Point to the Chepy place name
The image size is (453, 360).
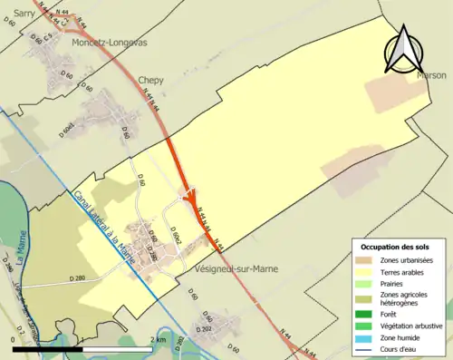[150, 80]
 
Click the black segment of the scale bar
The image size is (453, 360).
[48, 348]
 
